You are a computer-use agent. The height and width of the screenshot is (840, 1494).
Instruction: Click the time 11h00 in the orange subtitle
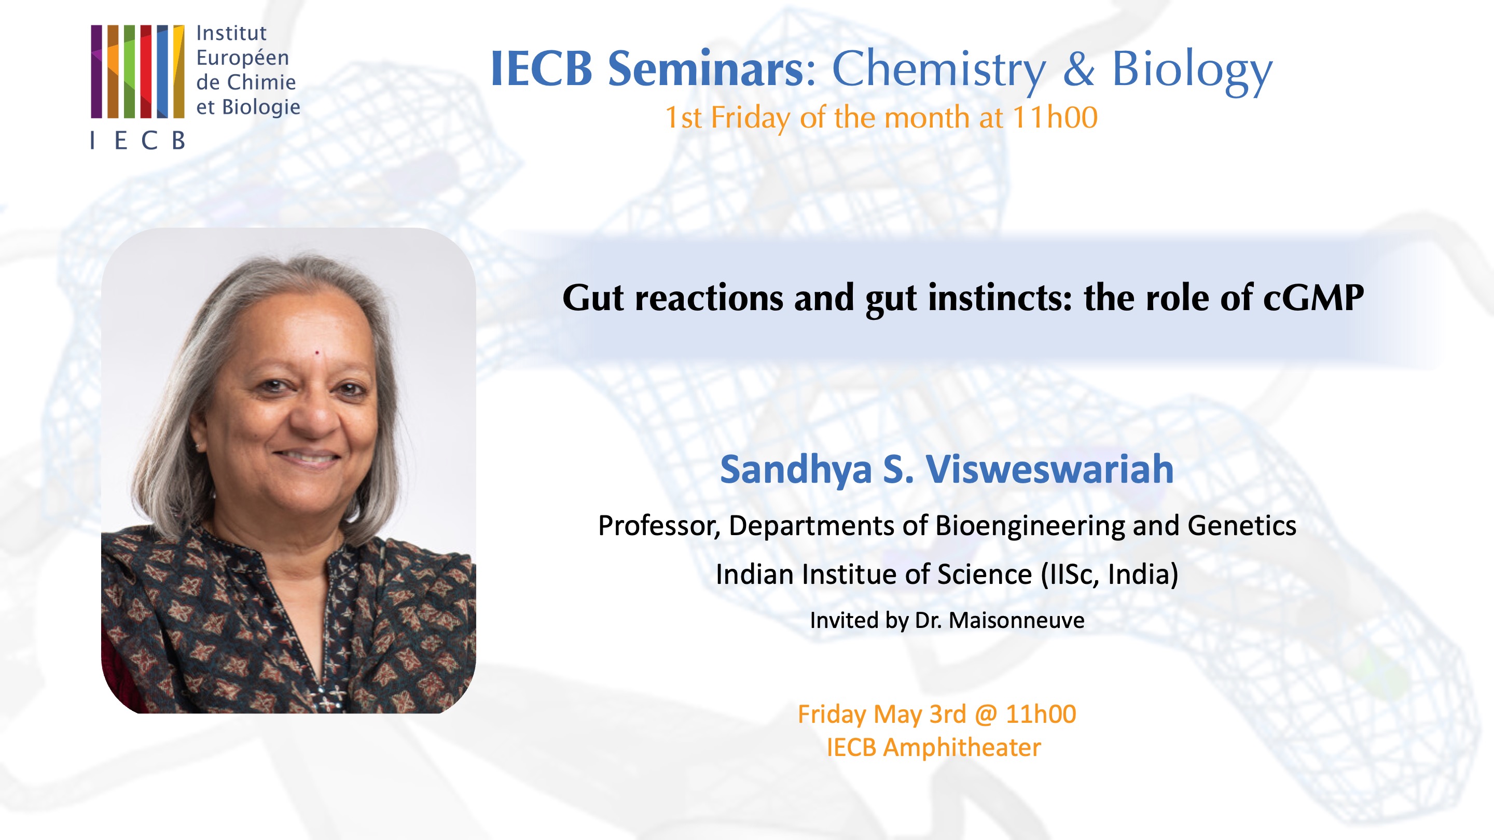coord(1055,118)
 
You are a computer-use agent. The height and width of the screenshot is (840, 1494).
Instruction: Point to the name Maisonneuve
coord(1016,620)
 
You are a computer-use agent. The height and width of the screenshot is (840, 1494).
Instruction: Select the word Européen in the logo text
coord(242,58)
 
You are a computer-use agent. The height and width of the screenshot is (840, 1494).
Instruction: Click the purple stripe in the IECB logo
coord(96,72)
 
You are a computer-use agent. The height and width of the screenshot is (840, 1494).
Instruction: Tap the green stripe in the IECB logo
coord(129,72)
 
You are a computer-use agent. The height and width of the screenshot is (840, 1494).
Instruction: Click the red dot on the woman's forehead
coord(317,353)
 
